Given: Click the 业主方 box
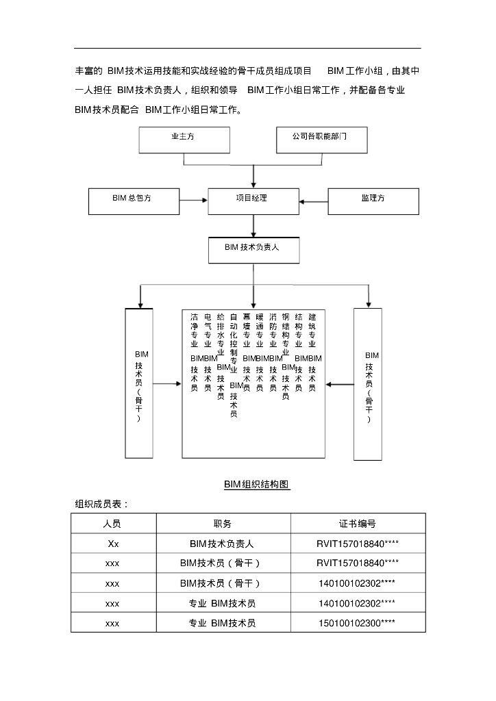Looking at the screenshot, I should point(183,140).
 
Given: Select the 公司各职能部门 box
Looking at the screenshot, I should point(321,140).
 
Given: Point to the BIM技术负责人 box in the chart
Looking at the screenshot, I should point(253,250).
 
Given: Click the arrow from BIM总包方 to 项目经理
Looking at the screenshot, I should point(194,201).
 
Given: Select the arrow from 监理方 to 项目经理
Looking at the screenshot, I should point(314,201).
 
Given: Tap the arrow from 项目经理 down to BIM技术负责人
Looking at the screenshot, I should point(253,225).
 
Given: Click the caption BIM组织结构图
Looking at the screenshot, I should point(257,485).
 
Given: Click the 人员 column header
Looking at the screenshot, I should point(112,524).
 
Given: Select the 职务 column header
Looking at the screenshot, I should point(223,524).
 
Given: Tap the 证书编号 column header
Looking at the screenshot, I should point(358,524).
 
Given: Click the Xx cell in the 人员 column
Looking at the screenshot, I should point(112,544).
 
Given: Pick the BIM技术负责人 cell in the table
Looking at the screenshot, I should point(223,544).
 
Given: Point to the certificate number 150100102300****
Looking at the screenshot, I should point(358,624).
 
